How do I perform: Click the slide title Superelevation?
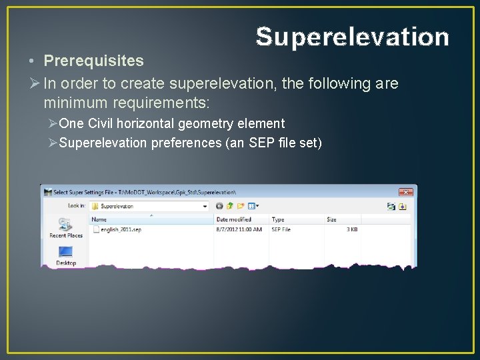click(352, 37)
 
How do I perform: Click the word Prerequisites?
click(93, 61)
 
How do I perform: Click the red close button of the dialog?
click(406, 192)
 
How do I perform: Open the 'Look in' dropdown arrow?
click(205, 207)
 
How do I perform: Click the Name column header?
click(99, 219)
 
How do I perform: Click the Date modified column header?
click(234, 219)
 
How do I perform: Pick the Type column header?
click(278, 219)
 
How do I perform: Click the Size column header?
click(331, 219)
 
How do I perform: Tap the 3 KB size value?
click(351, 229)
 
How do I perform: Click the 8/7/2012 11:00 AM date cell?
click(239, 229)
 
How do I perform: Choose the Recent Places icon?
click(65, 227)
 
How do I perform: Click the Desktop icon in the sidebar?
click(65, 255)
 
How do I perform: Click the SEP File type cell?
click(281, 229)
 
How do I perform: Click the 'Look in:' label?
click(77, 206)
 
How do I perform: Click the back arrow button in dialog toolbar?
click(219, 207)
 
